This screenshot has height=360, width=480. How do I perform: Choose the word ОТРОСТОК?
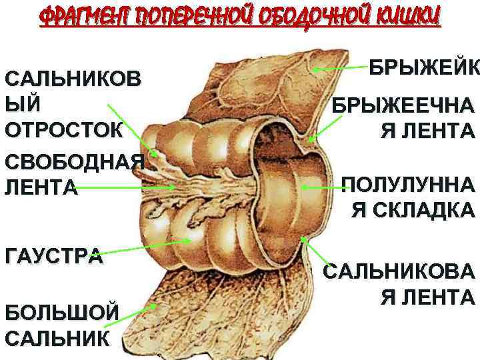[63, 129]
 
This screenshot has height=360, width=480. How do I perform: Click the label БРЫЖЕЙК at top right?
[425, 67]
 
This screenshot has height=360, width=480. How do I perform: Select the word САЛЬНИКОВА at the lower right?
[400, 271]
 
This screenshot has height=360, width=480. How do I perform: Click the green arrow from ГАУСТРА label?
[144, 246]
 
